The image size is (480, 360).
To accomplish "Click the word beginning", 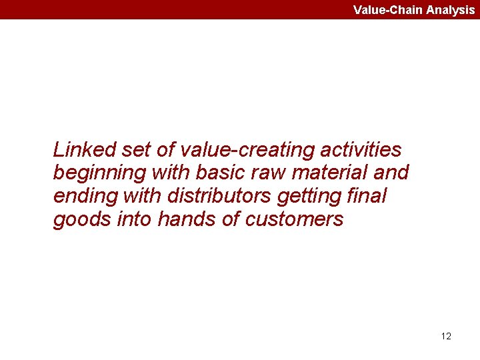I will tap(99, 173).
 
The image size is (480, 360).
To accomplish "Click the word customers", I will tap(294, 220).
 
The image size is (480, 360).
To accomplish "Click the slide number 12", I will tap(446, 336).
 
